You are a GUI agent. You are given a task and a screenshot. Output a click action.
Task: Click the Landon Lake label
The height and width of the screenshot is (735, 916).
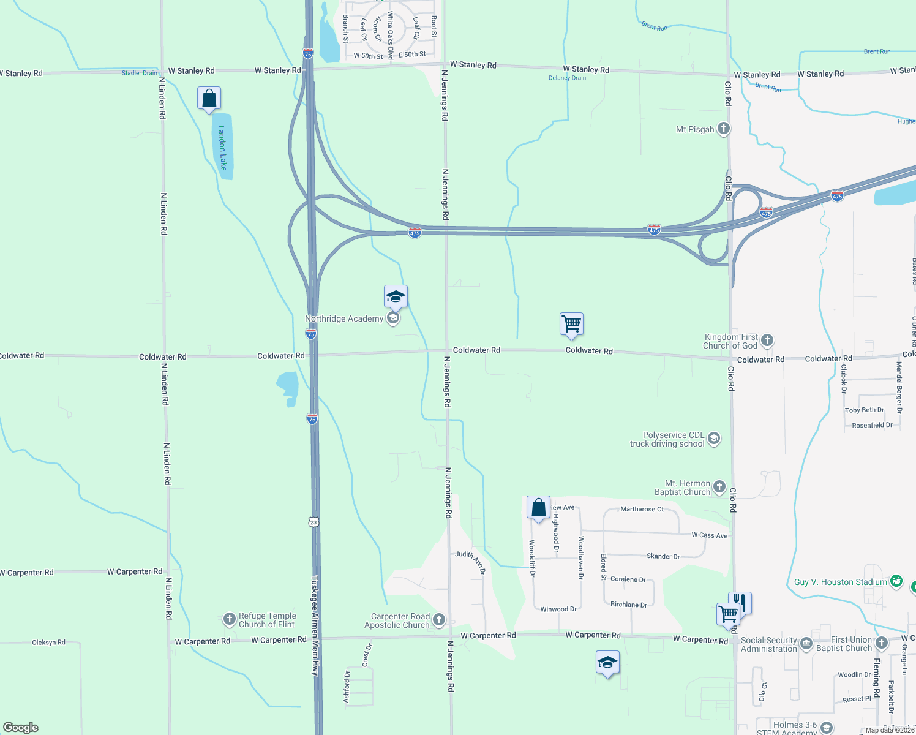coord(222,148)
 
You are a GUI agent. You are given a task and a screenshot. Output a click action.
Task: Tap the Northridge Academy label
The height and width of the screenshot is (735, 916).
coord(344,318)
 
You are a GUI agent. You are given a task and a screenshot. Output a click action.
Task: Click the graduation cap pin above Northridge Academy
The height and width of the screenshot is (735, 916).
coord(396,297)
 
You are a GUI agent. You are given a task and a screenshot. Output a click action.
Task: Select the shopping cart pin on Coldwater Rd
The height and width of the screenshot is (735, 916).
coord(571,323)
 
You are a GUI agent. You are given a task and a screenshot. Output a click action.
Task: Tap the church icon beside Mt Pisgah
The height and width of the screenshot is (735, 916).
coord(724,129)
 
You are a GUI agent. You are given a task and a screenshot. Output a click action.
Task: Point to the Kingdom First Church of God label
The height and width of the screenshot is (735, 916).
coord(730,341)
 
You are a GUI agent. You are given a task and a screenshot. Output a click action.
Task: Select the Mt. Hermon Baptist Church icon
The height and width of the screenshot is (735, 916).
coord(719,487)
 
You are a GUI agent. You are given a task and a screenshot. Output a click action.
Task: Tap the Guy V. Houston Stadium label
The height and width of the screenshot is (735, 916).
coord(840,582)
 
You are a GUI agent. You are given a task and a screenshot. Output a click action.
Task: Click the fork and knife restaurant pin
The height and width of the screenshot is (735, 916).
coord(740,602)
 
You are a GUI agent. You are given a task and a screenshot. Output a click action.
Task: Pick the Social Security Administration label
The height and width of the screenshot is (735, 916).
coord(768,644)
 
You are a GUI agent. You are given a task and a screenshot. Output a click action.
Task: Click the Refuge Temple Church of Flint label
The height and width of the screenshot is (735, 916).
coord(267,620)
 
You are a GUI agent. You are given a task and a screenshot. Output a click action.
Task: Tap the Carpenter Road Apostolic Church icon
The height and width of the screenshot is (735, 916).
coord(439,620)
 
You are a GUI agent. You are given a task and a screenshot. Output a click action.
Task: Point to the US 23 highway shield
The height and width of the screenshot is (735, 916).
coord(313,522)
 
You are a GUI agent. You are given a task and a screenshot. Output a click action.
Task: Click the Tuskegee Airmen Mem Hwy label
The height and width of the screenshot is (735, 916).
coord(315,625)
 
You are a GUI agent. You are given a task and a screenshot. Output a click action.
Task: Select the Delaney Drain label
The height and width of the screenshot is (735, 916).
coord(567,78)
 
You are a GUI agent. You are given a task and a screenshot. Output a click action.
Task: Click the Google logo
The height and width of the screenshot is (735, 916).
coord(21,727)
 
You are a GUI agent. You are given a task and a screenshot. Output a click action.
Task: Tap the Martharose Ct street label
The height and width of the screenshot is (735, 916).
coord(642,509)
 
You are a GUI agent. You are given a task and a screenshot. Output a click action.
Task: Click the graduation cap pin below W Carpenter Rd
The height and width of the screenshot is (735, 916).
coord(607,663)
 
